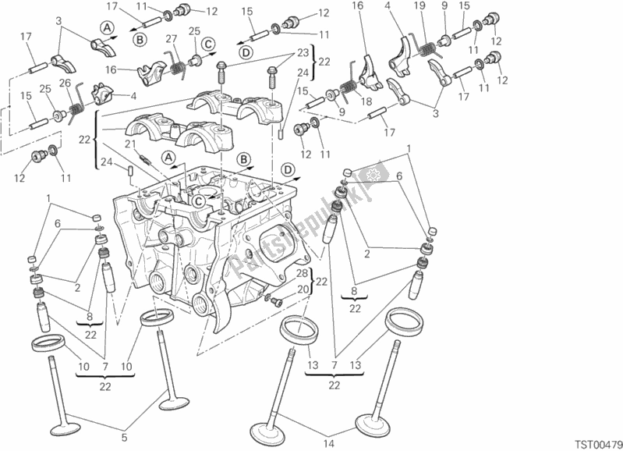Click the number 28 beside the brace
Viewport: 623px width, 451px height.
[300, 273]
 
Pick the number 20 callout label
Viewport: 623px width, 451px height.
[300, 289]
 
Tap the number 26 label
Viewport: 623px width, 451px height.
[66, 83]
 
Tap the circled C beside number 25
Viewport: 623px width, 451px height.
[209, 44]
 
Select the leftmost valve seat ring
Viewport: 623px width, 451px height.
[50, 343]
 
